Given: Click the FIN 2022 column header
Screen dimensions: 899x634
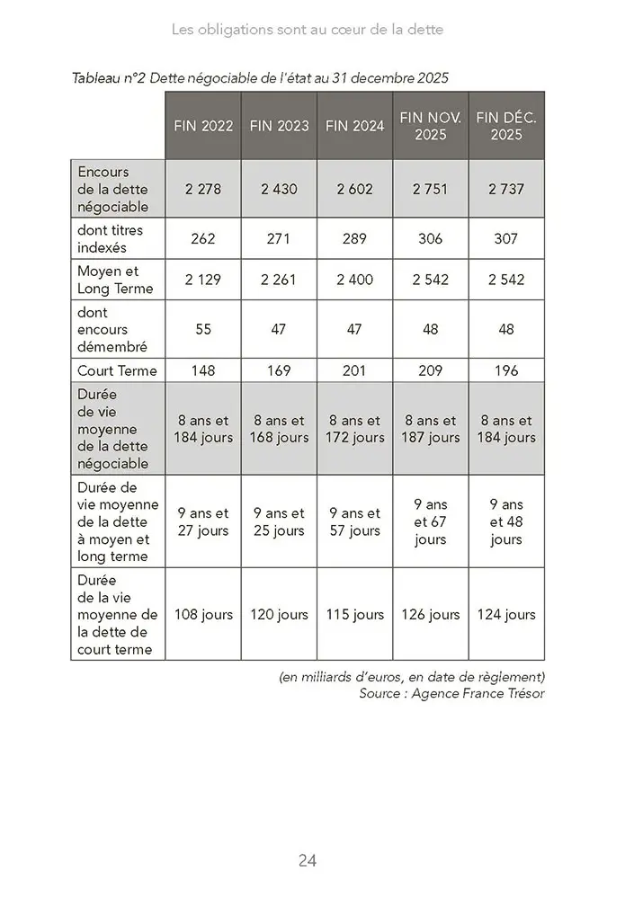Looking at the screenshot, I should point(203,126).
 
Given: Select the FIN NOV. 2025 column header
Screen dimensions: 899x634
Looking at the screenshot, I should point(431,126).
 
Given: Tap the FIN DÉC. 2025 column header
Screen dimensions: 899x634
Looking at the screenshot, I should point(506,126).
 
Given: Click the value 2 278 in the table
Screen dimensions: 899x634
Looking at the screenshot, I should point(203,190).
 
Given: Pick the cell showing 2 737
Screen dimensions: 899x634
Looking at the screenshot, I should point(506,190).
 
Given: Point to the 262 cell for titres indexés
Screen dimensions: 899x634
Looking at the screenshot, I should point(203,239).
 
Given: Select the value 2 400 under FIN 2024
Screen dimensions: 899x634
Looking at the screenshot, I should point(354,280).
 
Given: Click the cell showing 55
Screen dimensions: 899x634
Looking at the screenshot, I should point(203,330).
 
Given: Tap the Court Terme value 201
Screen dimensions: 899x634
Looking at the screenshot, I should point(354,370).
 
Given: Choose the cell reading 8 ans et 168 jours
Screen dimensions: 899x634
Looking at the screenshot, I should point(279,429).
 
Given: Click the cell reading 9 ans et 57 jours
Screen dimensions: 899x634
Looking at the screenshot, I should point(354,521).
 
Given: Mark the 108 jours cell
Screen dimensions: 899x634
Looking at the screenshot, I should point(203,615).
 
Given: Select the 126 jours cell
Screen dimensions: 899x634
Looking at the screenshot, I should point(431,615).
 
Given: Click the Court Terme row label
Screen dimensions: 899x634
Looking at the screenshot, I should point(117,370).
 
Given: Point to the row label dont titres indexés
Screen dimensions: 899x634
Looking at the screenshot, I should point(111,239).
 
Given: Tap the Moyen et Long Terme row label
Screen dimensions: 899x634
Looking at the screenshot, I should point(115,280).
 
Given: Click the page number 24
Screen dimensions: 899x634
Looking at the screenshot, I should point(308,860).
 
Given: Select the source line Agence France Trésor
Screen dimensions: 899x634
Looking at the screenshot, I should point(451,693).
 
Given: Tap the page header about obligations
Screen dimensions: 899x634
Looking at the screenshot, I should point(308,30).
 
